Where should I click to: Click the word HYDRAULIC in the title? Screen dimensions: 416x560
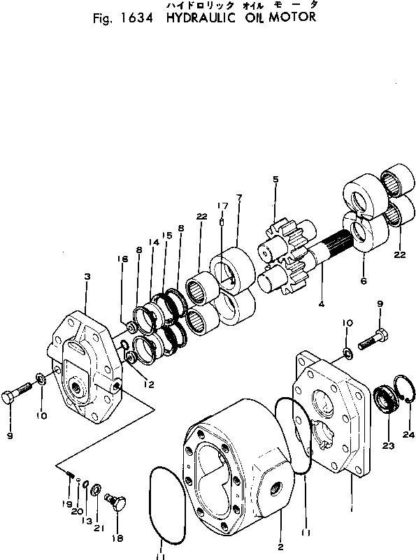(201, 17)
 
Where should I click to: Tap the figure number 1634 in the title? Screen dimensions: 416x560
(137, 18)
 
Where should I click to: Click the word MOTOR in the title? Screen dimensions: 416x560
(292, 17)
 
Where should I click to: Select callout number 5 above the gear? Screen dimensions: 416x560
(275, 179)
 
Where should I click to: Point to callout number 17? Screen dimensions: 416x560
(222, 206)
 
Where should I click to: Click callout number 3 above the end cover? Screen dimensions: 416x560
(87, 276)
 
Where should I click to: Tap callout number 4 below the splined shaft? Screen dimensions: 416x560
(322, 304)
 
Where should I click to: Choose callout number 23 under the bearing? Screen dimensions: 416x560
(389, 445)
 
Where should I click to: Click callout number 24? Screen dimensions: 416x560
(408, 434)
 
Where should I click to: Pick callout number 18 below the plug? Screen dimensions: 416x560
(117, 538)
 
